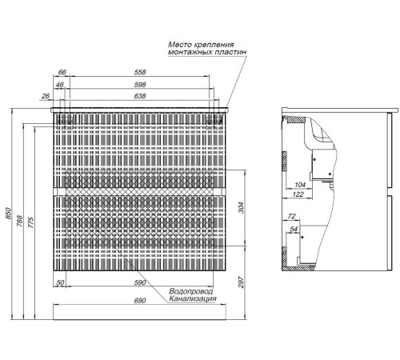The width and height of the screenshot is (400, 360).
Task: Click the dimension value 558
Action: [x=140, y=72]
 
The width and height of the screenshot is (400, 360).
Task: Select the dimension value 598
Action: [x=140, y=85]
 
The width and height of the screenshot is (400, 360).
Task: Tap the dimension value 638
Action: [x=140, y=96]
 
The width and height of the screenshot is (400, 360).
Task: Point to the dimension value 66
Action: [x=62, y=72]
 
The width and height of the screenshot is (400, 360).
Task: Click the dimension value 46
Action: [x=60, y=85]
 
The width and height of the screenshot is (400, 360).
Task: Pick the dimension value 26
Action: [x=46, y=96]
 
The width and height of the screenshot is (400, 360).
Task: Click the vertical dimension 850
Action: [x=8, y=214]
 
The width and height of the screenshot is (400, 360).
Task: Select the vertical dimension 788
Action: [x=20, y=221]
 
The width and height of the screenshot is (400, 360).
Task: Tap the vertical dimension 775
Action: [x=31, y=222]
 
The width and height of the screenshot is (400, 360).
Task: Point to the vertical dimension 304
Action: [x=241, y=208]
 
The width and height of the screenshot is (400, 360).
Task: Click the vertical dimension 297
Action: [x=241, y=282]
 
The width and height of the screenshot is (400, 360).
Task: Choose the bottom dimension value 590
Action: [x=140, y=282]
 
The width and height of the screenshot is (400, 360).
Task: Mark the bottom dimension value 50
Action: [x=61, y=282]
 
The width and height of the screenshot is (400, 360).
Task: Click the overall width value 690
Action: [x=140, y=301]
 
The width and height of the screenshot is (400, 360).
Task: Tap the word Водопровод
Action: [x=191, y=291]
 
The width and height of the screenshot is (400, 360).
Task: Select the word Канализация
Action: [x=193, y=299]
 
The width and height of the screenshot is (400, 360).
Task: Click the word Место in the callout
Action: [x=178, y=45]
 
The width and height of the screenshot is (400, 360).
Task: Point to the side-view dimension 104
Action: [x=300, y=185]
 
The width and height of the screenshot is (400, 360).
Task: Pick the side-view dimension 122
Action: [x=298, y=194]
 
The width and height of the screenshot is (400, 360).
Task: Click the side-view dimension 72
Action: [x=291, y=216]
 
